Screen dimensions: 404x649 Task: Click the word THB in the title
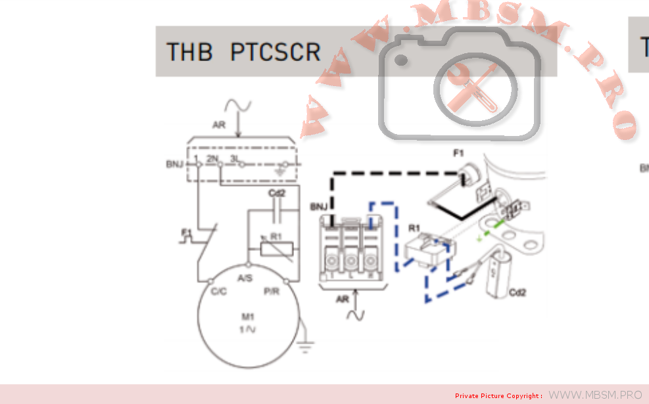tap(189, 51)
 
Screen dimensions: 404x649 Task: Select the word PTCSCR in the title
tap(276, 51)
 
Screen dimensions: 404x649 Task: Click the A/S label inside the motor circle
tap(245, 278)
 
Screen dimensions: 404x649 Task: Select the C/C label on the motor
tap(219, 292)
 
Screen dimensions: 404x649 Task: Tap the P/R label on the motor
tap(271, 292)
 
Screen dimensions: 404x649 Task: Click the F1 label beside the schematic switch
tap(186, 231)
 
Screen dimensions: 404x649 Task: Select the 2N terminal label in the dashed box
tap(211, 159)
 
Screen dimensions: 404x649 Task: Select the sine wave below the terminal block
tap(356, 314)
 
